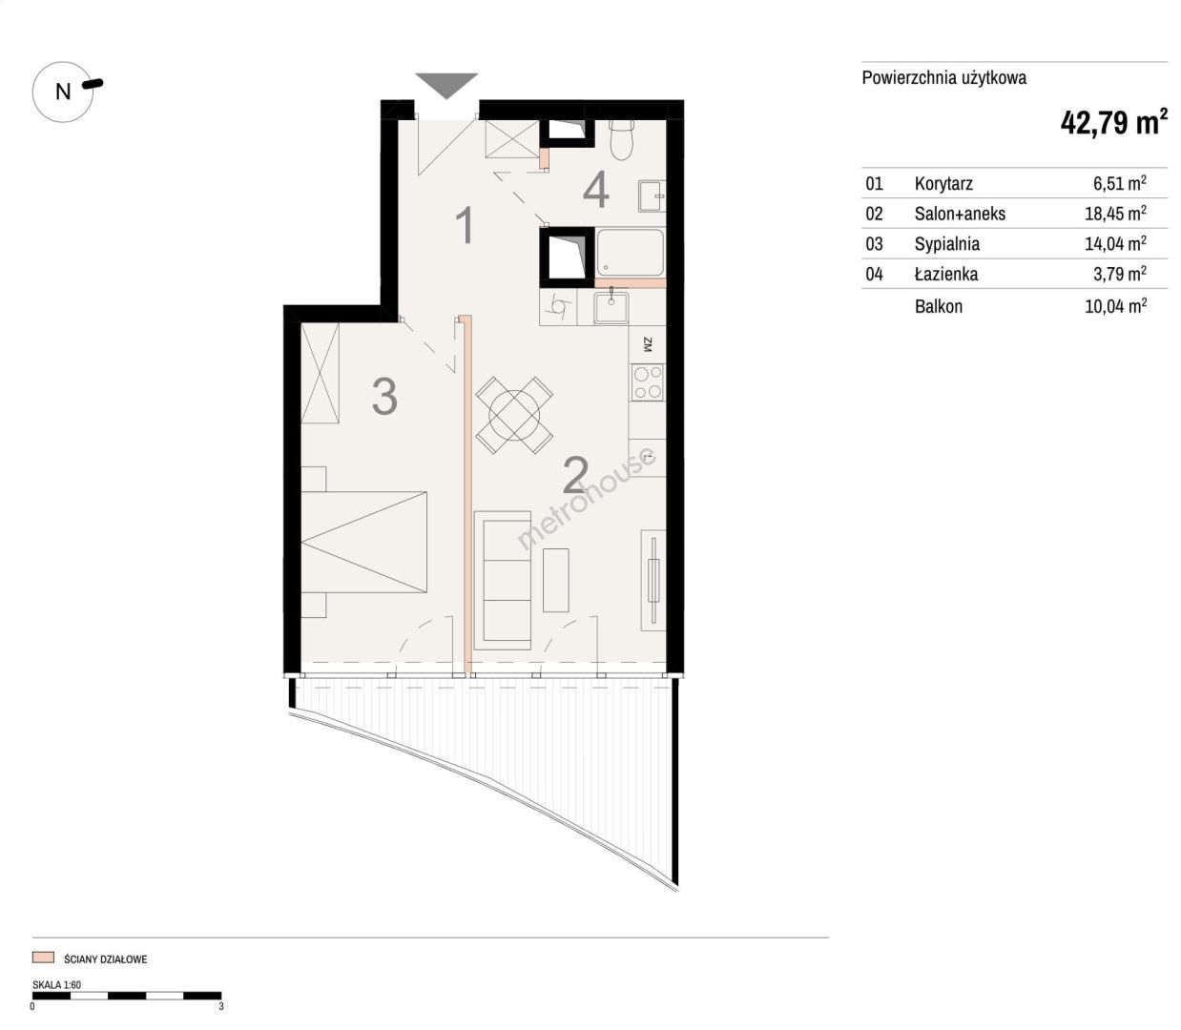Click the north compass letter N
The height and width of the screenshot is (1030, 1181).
click(63, 92)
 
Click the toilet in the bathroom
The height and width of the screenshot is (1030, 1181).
click(622, 139)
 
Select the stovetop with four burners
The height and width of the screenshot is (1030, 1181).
click(648, 382)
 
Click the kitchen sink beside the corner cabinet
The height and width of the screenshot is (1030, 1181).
click(611, 306)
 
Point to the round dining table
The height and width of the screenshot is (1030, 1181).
click(514, 414)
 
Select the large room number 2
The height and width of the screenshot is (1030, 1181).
click(575, 475)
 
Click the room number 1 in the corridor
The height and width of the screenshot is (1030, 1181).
click(466, 225)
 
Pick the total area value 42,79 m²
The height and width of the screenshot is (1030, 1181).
click(1114, 122)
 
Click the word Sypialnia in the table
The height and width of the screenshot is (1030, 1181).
click(946, 244)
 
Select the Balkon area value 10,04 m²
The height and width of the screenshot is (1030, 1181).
click(1115, 305)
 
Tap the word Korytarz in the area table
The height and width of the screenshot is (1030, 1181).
click(943, 183)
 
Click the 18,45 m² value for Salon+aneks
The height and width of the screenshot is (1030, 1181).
click(1115, 214)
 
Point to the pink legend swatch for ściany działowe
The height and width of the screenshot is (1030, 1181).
click(43, 958)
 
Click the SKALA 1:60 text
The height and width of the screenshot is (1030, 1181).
click(56, 984)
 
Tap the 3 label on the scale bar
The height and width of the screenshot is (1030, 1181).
click(221, 1006)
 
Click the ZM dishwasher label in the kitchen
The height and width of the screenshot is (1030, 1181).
click(647, 344)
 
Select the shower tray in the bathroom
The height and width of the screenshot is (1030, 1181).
click(631, 253)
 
